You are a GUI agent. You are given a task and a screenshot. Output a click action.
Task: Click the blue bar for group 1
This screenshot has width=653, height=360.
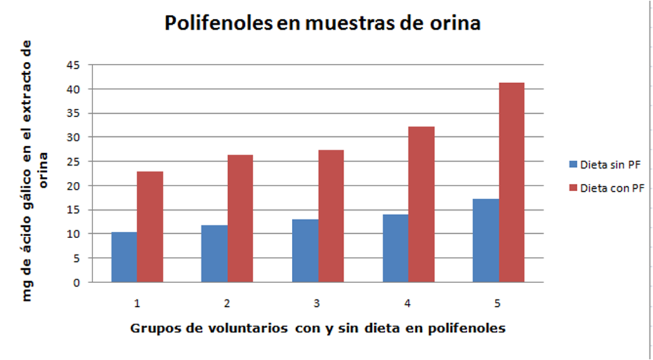tap(124, 257)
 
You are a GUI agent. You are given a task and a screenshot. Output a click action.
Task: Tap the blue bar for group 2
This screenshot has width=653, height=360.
tap(214, 253)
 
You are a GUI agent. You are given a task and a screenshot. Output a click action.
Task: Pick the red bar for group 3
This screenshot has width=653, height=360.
tap(331, 216)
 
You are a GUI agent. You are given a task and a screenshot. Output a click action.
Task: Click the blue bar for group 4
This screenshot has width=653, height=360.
tap(396, 248)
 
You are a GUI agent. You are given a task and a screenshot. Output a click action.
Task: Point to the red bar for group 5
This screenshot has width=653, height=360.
tap(511, 182)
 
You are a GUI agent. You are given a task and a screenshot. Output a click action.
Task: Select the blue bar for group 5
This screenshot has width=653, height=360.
tap(486, 240)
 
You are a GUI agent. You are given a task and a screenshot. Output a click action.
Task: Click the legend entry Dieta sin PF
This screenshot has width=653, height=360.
tap(603, 165)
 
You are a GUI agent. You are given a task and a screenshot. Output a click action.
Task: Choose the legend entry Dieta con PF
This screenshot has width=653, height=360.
tap(604, 187)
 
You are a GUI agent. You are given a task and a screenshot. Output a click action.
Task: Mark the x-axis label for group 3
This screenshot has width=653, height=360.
tap(317, 303)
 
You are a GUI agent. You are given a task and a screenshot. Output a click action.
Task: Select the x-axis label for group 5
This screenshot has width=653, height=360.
tap(498, 303)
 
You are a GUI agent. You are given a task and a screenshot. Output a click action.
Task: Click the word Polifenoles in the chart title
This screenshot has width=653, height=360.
tap(218, 24)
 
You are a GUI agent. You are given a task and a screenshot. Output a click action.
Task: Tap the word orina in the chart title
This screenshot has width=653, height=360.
tap(454, 24)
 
